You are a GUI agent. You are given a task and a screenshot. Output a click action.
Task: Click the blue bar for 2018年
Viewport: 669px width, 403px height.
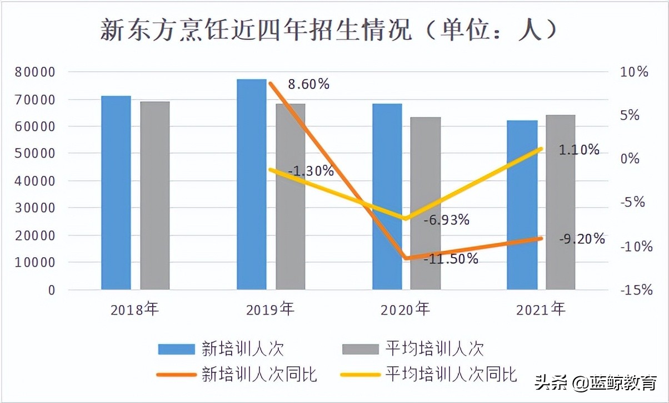click(116, 193)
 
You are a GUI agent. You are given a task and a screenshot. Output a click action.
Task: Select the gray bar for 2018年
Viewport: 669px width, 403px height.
click(154, 195)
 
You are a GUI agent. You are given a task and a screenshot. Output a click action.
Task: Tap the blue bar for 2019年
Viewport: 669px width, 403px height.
click(252, 184)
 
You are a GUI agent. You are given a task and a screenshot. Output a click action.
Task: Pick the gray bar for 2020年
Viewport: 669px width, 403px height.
click(426, 203)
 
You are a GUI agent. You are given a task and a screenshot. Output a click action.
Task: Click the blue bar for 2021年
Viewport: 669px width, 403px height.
click(522, 205)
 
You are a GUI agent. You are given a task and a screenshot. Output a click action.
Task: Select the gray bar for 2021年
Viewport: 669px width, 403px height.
click(560, 202)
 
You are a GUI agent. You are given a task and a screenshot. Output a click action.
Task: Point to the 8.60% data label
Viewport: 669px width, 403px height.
click(308, 85)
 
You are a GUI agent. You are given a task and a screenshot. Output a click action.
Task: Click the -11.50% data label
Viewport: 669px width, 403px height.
click(451, 259)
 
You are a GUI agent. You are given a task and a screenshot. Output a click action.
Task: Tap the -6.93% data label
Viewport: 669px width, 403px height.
click(446, 220)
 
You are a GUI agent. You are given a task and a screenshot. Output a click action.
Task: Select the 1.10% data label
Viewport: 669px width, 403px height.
click(578, 150)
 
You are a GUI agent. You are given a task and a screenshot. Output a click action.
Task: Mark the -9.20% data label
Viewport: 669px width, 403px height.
click(582, 239)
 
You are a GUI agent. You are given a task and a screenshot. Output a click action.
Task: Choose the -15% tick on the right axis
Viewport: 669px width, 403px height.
click(635, 290)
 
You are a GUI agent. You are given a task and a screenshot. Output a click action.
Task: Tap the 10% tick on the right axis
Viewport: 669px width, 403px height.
click(635, 72)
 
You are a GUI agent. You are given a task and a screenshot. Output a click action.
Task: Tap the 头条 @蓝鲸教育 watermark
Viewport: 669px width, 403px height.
click(595, 383)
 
